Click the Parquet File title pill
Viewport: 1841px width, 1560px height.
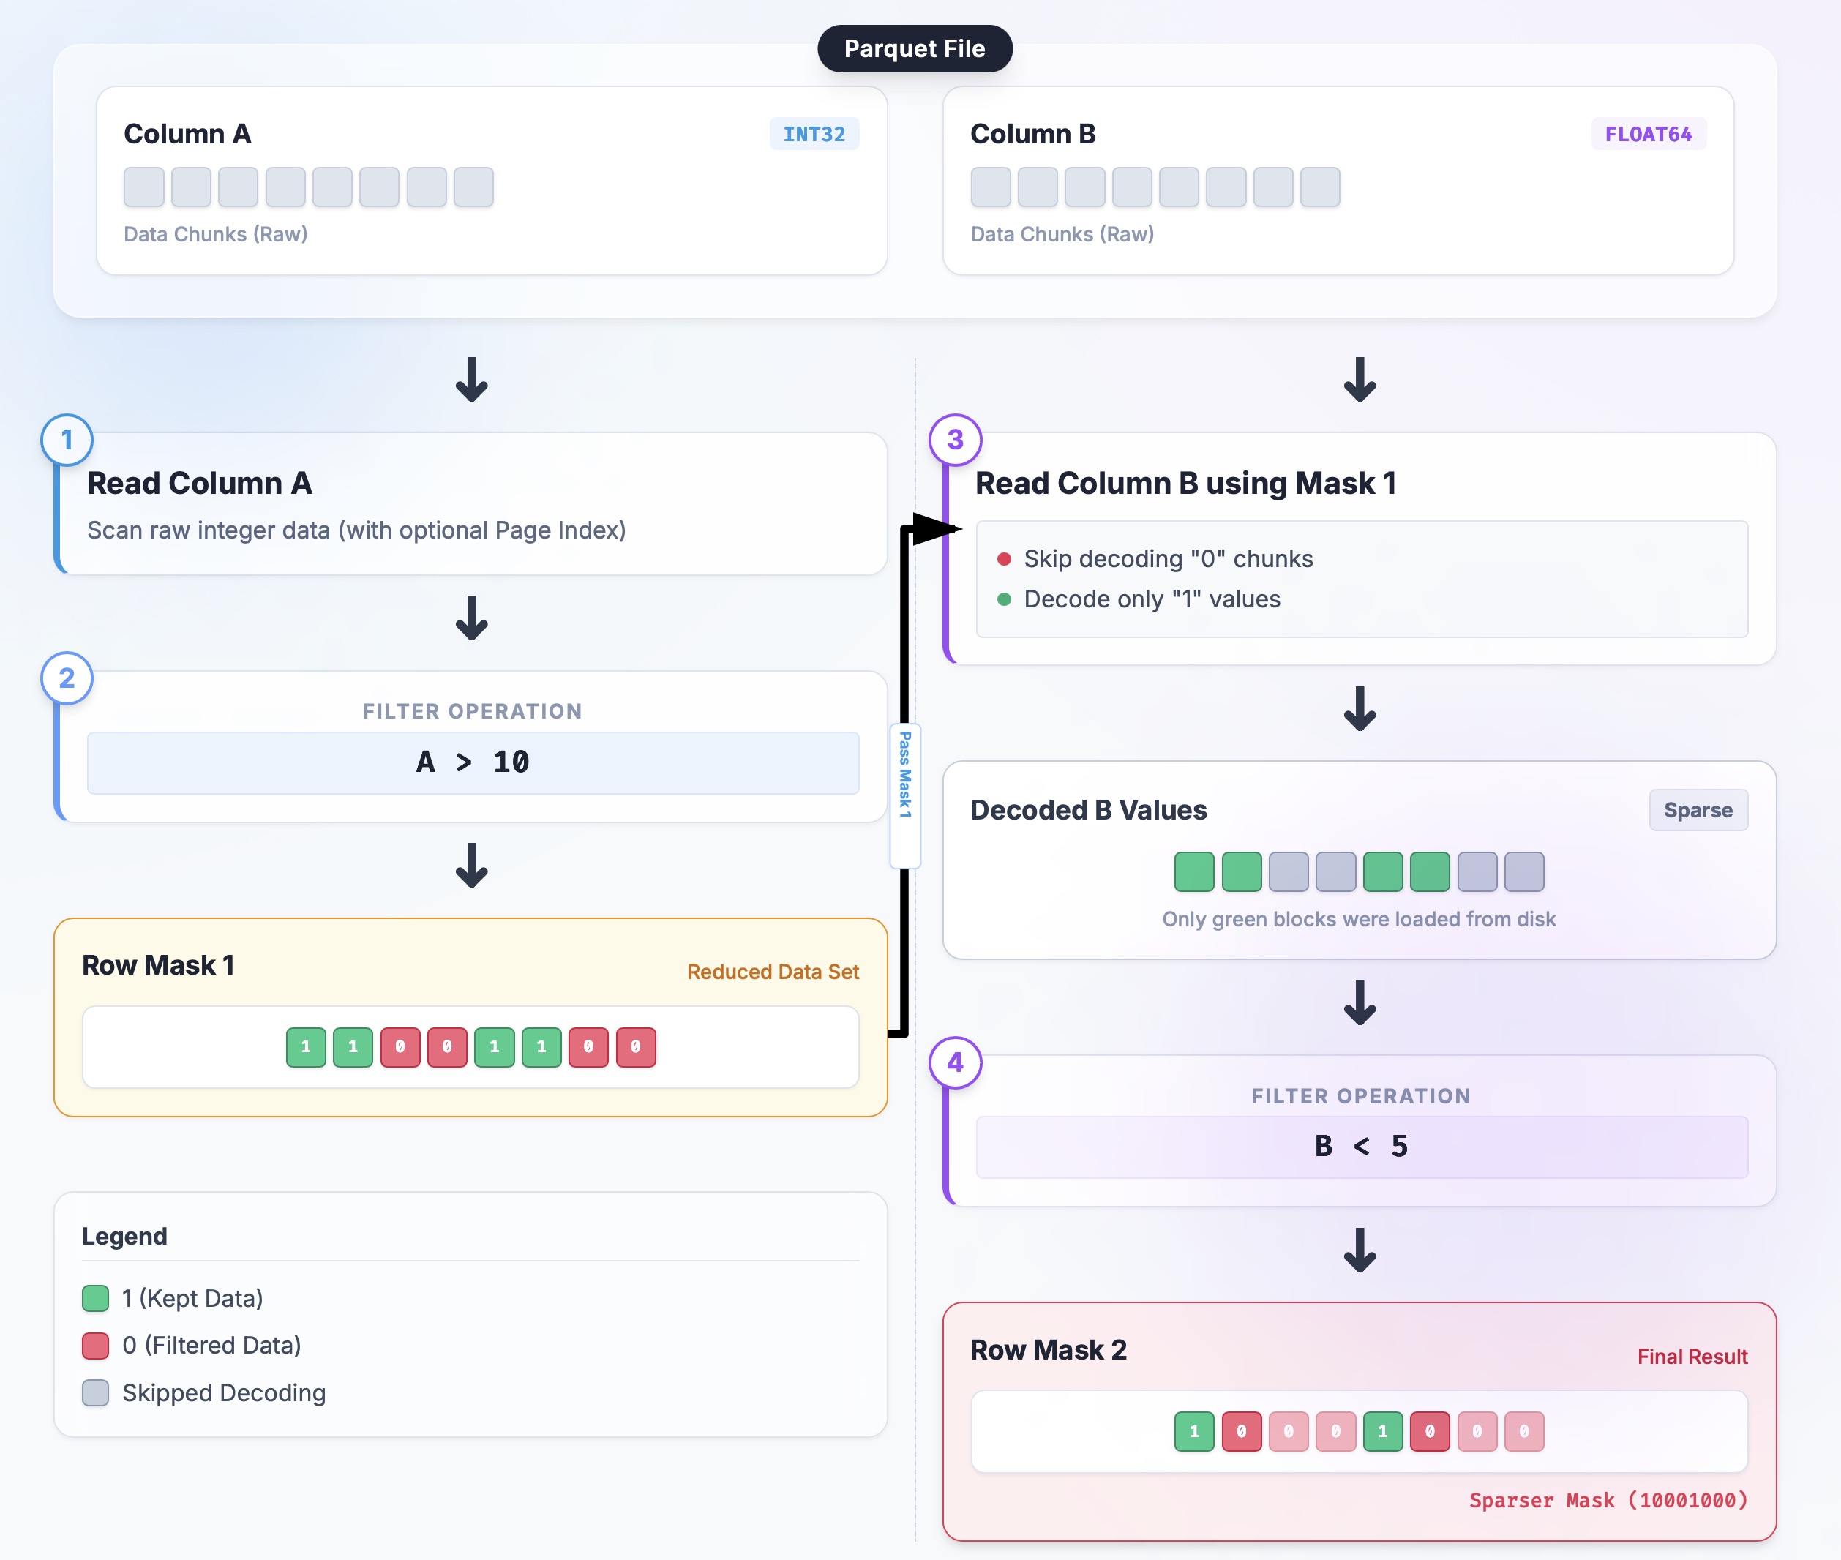(915, 48)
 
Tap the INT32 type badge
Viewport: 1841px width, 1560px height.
(814, 135)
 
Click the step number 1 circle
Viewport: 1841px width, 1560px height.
(67, 440)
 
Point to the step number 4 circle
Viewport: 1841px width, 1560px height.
(955, 1062)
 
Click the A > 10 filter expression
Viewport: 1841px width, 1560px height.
(472, 762)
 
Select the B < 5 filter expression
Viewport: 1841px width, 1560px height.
(1361, 1146)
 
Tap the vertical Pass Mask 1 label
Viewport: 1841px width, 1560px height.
(904, 775)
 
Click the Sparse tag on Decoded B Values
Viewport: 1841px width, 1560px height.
(1698, 810)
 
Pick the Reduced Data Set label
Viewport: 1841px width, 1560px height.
(773, 972)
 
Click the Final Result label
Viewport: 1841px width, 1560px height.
(1692, 1357)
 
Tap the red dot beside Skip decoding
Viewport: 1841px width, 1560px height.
(1004, 559)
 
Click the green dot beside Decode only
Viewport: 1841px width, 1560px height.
(1004, 599)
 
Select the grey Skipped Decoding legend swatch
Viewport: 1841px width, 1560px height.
(96, 1393)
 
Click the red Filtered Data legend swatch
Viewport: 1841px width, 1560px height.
(96, 1345)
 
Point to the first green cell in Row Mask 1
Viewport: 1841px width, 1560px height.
(306, 1047)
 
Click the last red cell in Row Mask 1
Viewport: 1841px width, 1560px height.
(635, 1047)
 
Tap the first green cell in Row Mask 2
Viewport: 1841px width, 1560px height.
(1193, 1432)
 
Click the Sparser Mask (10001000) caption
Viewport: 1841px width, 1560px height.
(1608, 1501)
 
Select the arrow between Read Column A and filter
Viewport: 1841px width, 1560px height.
(471, 618)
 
